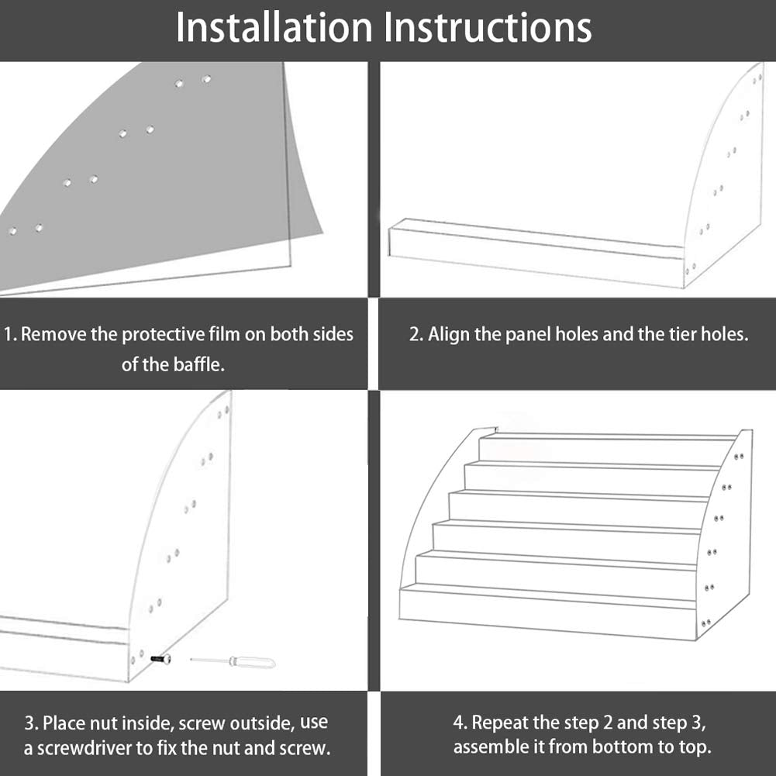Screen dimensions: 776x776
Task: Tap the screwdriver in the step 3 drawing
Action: (233, 661)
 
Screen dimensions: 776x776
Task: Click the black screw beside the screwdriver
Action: (161, 659)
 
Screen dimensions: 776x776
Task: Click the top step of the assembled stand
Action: (605, 450)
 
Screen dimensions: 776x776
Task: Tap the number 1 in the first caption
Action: (9, 335)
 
